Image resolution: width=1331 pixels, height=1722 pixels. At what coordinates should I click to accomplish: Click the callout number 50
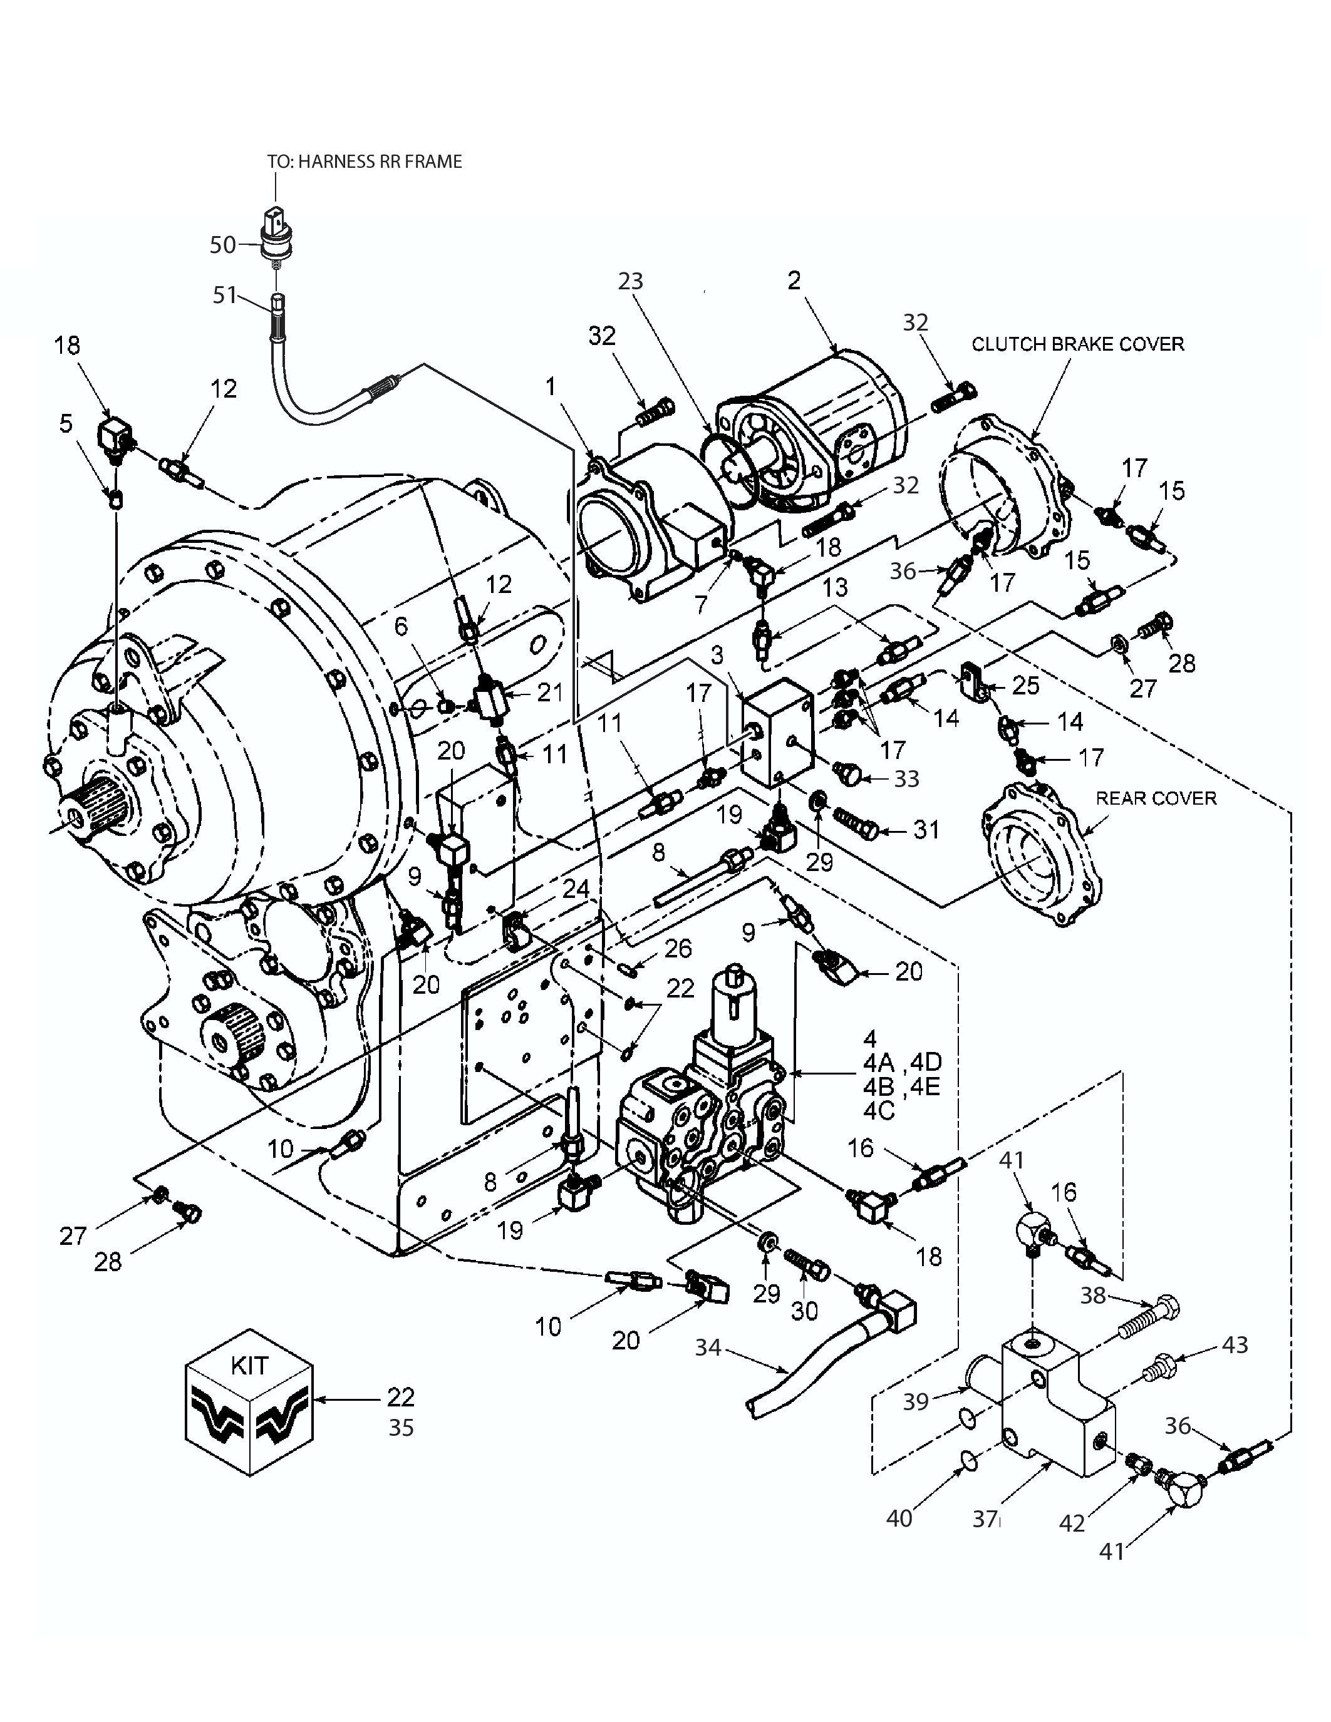222,245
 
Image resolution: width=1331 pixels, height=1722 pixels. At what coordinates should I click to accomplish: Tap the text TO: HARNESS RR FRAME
365,162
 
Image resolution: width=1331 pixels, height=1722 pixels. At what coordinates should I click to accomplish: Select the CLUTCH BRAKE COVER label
1077,344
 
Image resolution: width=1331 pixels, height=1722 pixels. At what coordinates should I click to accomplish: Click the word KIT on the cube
249,1365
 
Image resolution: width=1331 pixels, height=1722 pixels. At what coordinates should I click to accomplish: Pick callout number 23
630,282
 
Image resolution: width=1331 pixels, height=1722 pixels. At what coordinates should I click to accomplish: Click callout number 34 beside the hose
708,1348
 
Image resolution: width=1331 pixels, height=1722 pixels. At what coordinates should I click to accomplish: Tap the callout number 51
225,295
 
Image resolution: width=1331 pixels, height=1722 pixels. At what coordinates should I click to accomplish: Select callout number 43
1235,1344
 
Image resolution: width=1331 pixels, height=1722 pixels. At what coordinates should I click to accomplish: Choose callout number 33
907,779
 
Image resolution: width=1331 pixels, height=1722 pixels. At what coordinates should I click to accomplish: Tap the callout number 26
678,949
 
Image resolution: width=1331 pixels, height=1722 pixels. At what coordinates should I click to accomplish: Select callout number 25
1025,685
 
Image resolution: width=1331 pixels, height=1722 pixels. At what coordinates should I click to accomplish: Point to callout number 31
926,830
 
